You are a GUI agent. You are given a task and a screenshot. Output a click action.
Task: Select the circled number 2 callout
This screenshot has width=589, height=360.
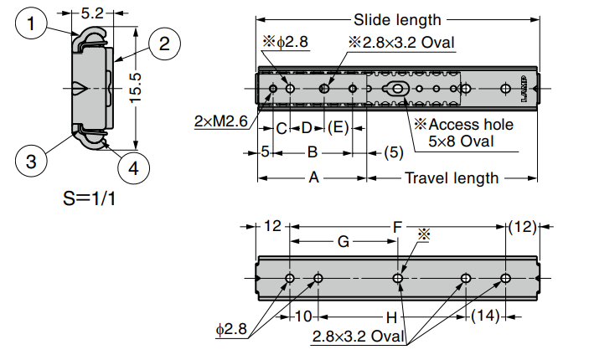tap(164, 43)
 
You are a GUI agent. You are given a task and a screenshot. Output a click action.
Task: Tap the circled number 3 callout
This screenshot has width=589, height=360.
tap(31, 161)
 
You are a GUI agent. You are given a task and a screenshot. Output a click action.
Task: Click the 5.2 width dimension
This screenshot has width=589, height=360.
tap(93, 13)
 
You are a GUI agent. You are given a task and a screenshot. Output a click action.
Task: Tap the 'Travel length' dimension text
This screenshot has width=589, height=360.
tap(452, 177)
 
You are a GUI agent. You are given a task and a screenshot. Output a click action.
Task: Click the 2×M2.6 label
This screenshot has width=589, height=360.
tap(220, 122)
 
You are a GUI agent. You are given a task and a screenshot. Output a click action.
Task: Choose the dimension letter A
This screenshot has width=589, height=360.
tap(313, 177)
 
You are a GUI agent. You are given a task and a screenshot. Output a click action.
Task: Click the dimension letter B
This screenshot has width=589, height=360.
tap(312, 152)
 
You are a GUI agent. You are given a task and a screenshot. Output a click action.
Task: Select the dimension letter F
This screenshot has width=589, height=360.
tap(397, 226)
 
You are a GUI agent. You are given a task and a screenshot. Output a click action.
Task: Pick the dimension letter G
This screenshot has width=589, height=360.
tap(343, 242)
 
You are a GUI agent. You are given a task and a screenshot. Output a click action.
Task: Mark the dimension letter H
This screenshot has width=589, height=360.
tap(390, 317)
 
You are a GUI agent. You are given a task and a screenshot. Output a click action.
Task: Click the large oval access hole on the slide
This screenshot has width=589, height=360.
tap(395, 89)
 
